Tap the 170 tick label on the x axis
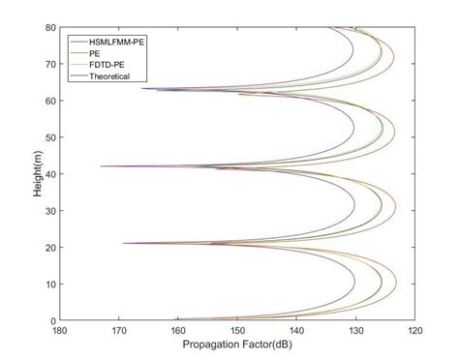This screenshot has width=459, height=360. click(x=119, y=332)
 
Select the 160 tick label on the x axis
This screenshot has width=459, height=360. click(x=178, y=332)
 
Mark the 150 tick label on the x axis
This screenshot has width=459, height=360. click(x=237, y=332)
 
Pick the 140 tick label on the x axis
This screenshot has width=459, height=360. click(x=296, y=332)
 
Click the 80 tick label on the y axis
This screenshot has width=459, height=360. click(x=49, y=27)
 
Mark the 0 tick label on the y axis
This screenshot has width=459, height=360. click(x=52, y=320)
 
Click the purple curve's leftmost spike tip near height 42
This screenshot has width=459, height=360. click(x=101, y=166)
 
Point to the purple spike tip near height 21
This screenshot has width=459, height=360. click(x=124, y=244)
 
